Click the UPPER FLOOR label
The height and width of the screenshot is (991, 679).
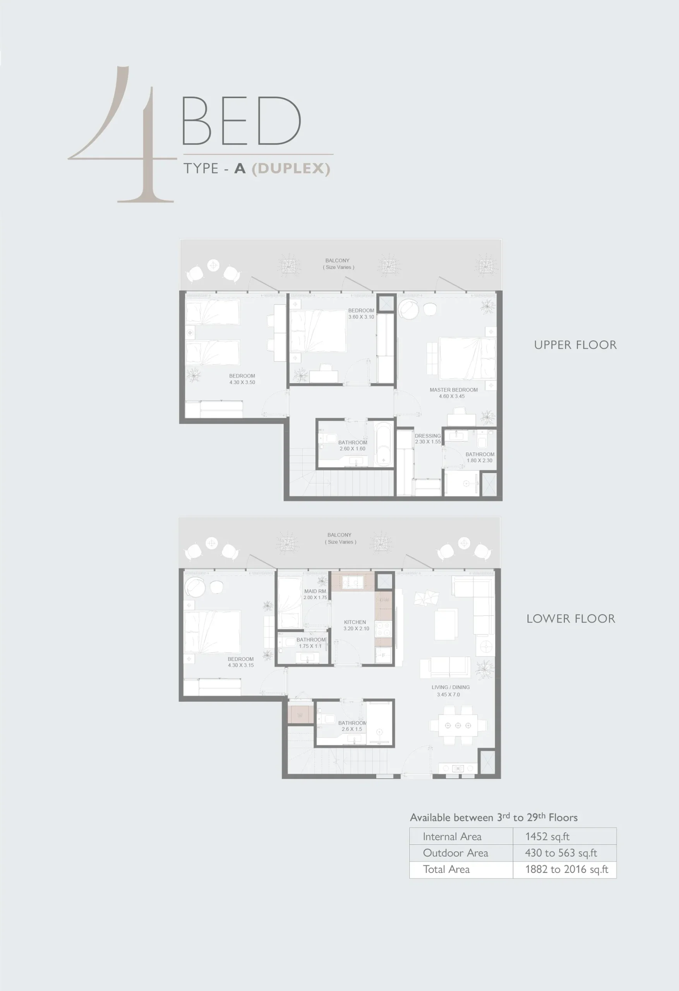tap(575, 345)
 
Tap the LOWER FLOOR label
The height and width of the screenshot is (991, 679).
tap(571, 619)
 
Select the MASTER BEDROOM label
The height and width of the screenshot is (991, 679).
tap(453, 390)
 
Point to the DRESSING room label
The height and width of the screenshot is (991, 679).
tap(427, 436)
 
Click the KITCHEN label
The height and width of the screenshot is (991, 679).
tap(355, 622)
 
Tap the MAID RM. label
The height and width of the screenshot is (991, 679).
tap(315, 592)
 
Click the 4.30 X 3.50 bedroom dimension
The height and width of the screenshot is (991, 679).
tap(242, 382)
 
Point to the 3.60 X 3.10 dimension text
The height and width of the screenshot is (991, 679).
tap(361, 317)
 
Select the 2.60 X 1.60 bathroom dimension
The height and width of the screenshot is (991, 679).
tap(352, 449)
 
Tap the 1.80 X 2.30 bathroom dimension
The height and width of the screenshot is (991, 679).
tap(479, 461)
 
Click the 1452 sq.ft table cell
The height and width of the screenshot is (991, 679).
tap(547, 837)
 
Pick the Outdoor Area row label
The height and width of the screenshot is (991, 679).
tap(456, 853)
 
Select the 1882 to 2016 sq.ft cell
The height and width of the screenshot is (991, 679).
tap(567, 869)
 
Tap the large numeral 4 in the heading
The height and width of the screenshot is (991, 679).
tap(122, 134)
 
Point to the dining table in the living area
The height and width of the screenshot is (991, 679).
tap(458, 725)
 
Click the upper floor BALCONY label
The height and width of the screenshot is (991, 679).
tap(337, 261)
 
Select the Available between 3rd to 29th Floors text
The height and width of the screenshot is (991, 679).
tap(494, 817)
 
